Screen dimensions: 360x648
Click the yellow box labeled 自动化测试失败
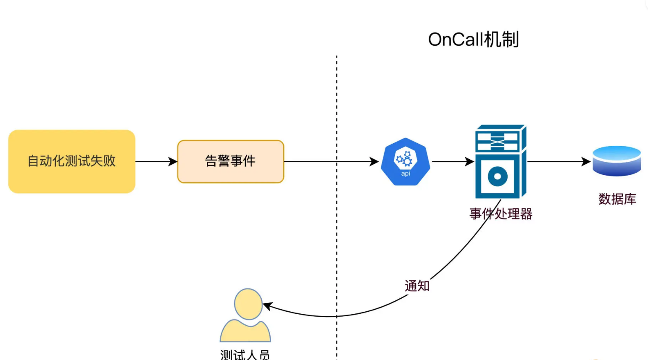pos(72,161)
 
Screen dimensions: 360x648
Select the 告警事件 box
pos(230,161)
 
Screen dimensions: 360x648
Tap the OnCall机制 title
pos(474,39)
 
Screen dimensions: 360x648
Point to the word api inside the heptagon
pos(406,173)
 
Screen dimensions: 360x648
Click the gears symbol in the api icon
pos(405,158)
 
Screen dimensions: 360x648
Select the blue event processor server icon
pos(500,161)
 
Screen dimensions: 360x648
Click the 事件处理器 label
pos(501,214)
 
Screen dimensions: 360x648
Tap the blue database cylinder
pos(616,161)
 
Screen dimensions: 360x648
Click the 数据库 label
pos(617,199)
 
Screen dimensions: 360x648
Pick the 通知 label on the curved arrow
pos(417,286)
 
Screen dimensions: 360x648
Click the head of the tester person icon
pos(248,304)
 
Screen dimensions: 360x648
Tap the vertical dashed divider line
pos(337,105)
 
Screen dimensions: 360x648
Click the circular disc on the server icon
pos(498,176)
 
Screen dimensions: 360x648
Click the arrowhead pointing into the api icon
pos(374,161)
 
